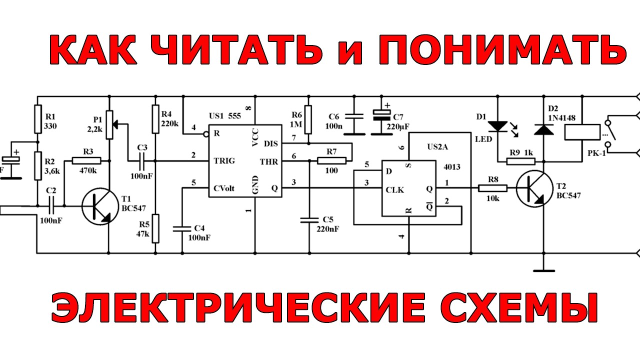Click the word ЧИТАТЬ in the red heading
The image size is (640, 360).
(237, 49)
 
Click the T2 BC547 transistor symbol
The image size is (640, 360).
(535, 188)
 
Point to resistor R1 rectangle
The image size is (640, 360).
(38, 119)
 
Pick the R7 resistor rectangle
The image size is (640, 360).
(331, 161)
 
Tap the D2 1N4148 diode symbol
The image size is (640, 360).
(543, 129)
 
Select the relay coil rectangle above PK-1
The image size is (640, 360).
(582, 132)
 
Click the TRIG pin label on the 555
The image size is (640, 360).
(224, 161)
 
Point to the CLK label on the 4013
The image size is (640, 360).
(394, 190)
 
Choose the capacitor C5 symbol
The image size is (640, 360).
(309, 219)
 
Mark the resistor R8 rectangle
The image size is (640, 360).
(493, 188)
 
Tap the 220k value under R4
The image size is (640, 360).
(169, 123)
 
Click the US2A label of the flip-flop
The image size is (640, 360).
(437, 147)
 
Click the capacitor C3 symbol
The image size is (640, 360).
(142, 161)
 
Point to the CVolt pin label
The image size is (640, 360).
(224, 188)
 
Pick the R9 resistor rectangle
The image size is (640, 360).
(521, 161)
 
